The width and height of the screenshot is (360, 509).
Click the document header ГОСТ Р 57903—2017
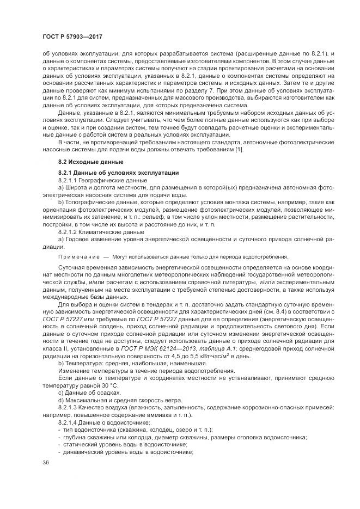(x=72, y=37)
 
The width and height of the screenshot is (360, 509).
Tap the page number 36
(x=46, y=462)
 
